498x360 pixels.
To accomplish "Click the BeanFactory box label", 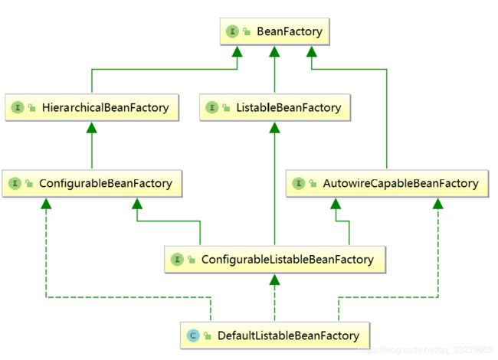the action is pos(290,31).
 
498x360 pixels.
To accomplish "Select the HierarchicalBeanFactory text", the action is pos(106,108).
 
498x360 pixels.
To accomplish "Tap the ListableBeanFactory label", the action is pos(288,108).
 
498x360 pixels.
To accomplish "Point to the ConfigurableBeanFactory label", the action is pos(106,184).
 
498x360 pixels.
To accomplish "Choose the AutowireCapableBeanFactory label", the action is pos(401,184).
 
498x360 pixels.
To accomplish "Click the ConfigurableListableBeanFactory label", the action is pos(287,260).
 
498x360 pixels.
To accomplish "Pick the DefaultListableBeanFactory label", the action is pos(288,335).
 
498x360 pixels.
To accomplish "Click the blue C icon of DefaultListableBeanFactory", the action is pos(193,335).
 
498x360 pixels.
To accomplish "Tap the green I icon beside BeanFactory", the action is pos(232,31).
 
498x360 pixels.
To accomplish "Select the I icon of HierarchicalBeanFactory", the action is pos(18,108).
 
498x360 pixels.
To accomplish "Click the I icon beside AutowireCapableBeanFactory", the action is pos(298,184).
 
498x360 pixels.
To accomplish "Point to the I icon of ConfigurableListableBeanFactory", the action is pos(177,260).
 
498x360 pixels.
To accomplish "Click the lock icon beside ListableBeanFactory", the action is pos(226,108).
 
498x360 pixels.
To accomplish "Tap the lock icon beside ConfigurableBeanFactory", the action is pos(29,184).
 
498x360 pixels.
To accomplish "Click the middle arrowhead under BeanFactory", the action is pos(274,52).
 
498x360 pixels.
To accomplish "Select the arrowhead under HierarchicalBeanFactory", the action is pos(92,128).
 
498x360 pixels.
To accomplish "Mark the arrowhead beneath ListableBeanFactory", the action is pos(274,128).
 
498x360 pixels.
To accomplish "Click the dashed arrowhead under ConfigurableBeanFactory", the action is pos(46,204).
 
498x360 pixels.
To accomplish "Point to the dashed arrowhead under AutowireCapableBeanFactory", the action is pos(438,204).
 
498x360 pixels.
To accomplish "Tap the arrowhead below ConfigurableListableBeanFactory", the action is pos(274,280).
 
